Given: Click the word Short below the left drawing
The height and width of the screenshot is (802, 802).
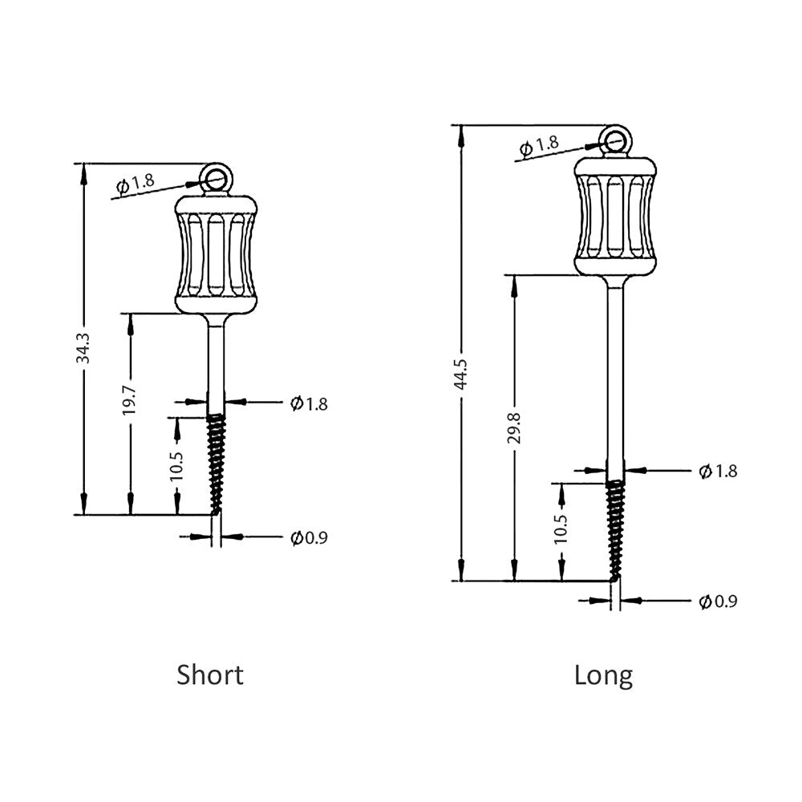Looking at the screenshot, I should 210,674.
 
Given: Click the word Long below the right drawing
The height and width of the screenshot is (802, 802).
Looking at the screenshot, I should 603,675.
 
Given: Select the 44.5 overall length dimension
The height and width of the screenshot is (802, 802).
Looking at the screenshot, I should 460,375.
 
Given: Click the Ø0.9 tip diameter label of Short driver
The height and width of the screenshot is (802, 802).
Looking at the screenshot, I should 309,537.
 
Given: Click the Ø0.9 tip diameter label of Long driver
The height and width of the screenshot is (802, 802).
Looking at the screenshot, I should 718,601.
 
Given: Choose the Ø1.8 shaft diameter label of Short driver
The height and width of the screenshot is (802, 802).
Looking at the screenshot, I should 309,403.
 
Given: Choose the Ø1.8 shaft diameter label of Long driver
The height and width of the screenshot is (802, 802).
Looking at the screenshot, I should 718,471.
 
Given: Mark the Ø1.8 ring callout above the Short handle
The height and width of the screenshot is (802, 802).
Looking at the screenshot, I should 136,184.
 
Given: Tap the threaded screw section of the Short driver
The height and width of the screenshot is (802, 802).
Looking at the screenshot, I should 216,463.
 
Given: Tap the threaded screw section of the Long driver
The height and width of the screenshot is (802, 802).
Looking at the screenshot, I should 615,529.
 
